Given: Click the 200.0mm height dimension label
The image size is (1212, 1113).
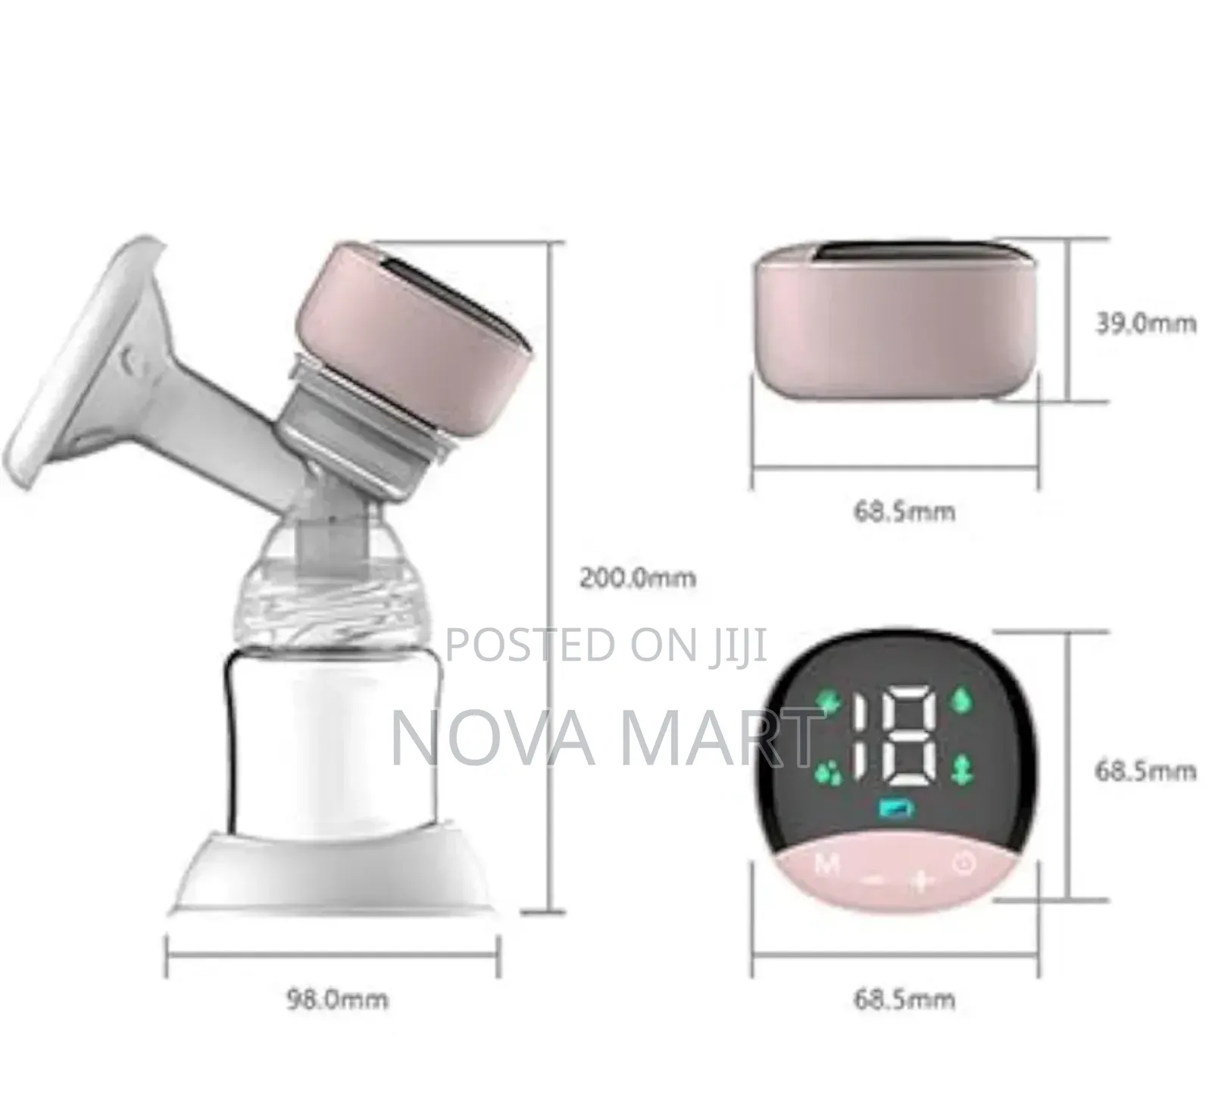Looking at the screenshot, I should coord(637,578).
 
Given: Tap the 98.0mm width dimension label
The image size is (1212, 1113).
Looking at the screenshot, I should coord(336,999).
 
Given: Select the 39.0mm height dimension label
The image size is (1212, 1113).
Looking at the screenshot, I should coord(1145,324).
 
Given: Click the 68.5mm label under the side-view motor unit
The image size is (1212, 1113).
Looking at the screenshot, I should coord(904,511).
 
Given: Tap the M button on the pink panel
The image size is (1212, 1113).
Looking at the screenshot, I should coord(826,863).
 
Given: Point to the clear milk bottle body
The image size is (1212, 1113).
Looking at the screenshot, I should coord(333,727).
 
